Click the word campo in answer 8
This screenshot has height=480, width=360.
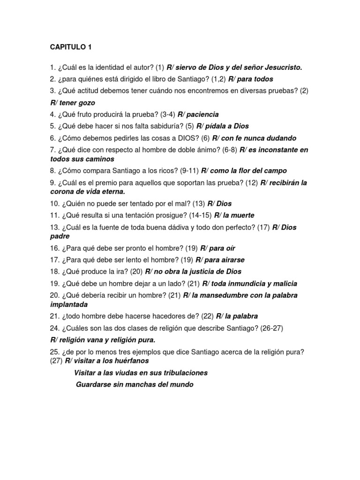(x=276, y=171)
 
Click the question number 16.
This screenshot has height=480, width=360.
(x=54, y=248)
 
